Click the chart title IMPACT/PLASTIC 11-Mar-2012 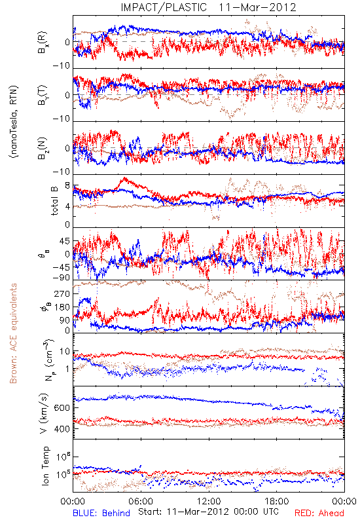point(208,7)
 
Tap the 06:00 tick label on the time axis point(141,501)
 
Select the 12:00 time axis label point(209,501)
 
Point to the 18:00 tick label point(277,501)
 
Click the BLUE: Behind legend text point(101,514)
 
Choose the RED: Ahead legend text point(319,514)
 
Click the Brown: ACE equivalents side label point(13,333)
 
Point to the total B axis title point(54,200)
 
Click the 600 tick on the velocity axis point(63,408)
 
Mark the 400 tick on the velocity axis point(63,429)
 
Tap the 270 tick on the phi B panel point(63,293)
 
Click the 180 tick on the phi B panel point(63,307)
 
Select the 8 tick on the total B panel point(67,186)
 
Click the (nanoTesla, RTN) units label point(14,122)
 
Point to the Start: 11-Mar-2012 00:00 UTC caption point(208,512)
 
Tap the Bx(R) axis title point(43,43)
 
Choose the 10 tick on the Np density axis point(65,352)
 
